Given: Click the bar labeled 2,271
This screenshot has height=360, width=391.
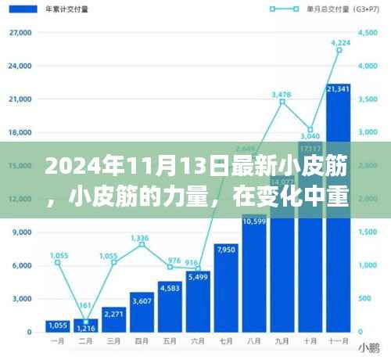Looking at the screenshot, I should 113,319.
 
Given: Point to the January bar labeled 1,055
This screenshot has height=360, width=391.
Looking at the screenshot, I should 57,326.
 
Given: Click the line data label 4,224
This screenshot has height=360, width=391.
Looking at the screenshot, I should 340,41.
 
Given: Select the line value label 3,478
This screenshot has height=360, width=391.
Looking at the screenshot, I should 282,94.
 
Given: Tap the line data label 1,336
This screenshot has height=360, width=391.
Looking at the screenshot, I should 141,237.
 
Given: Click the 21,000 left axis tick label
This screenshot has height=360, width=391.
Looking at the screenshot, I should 20,100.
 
